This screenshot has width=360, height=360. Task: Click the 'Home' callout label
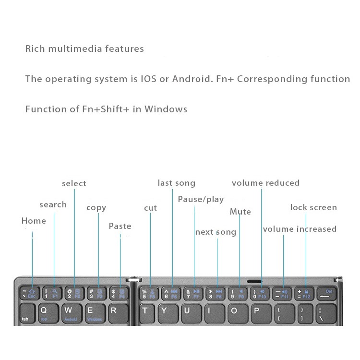[x=34, y=221]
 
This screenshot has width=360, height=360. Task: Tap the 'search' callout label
[x=53, y=204]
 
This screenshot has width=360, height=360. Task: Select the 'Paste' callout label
[x=120, y=226]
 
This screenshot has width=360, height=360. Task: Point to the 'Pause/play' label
[x=201, y=199]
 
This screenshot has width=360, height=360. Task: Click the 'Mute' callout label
[x=240, y=212]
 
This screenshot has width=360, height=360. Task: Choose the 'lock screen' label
[x=313, y=207]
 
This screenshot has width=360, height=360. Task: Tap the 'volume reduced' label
[x=265, y=183]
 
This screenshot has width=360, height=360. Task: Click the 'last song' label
[x=177, y=183]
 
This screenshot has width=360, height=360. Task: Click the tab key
[x=25, y=314]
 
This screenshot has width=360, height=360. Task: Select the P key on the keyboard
[x=256, y=311]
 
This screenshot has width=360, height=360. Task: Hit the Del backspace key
[x=325, y=293]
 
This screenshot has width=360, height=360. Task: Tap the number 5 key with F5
[x=149, y=293]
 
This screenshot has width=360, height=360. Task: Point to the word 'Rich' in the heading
[x=35, y=48]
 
